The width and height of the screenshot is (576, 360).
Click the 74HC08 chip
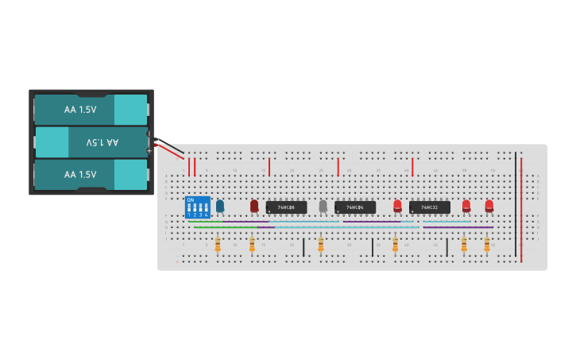(286, 207)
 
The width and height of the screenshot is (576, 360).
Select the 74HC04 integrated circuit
(355, 207)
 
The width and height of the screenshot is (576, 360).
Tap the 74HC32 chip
(429, 207)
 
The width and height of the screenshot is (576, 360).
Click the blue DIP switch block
(198, 207)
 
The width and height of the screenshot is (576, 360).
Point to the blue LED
(220, 206)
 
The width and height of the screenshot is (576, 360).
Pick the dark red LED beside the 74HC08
(254, 206)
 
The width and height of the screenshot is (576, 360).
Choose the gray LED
(323, 206)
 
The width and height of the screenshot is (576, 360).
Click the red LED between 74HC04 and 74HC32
(397, 206)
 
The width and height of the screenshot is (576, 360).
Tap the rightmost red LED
(489, 206)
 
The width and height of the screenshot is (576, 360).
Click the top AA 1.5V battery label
(80, 110)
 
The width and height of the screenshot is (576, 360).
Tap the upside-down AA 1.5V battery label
(102, 142)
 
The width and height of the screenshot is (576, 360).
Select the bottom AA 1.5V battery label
(80, 174)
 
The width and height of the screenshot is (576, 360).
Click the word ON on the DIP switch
(190, 199)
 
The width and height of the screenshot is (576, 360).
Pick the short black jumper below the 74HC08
(303, 246)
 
